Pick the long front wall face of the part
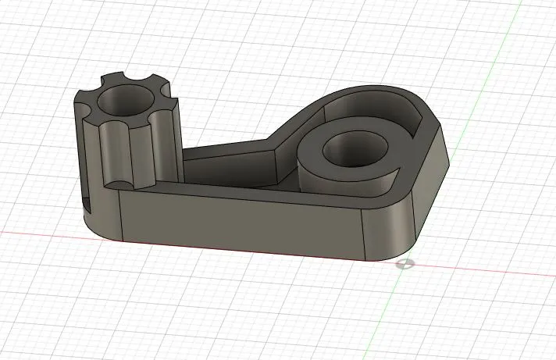242,223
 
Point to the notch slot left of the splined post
85,205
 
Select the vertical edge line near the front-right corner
366,234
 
